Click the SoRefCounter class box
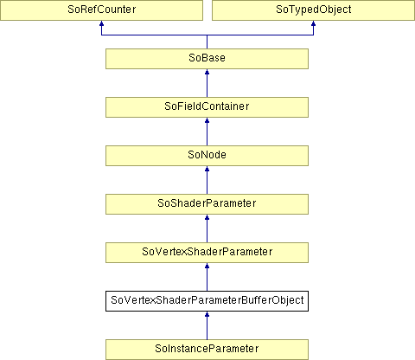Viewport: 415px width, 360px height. [101, 10]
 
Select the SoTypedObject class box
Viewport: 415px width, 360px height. [313, 10]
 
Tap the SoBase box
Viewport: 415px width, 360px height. [207, 59]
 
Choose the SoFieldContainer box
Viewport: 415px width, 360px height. [207, 107]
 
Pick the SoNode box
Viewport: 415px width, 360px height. [207, 156]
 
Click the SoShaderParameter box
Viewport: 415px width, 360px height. [207, 204]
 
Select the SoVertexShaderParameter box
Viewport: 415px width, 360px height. [207, 253]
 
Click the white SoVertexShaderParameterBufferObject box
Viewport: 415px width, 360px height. [207, 301]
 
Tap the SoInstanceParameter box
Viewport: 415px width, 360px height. [207, 350]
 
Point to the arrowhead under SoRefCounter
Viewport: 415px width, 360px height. [101, 23]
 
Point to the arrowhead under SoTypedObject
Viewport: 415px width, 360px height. [313, 23]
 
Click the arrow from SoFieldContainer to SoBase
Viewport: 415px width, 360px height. [207, 83]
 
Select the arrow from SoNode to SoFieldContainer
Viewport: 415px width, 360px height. [207, 132]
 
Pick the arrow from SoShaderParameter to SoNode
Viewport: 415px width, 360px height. [207, 180]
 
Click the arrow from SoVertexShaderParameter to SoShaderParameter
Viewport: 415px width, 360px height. [207, 228]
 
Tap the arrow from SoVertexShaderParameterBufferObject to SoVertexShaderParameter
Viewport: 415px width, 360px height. [207, 277]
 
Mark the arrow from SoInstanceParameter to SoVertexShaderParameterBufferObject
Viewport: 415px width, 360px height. [207, 325]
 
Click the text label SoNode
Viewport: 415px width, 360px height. [207, 155]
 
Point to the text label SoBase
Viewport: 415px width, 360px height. [207, 58]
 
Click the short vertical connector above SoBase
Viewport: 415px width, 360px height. [207, 42]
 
